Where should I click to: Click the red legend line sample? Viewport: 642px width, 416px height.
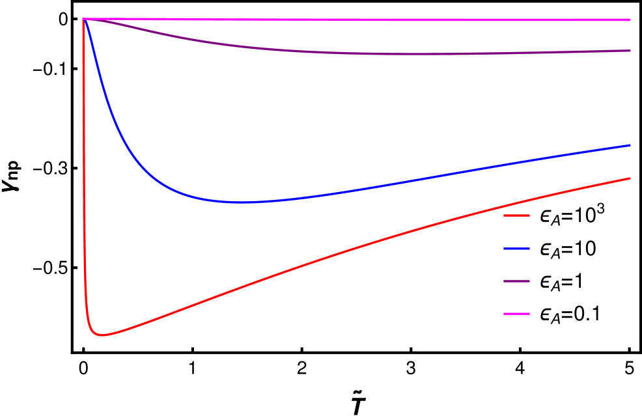point(516,215)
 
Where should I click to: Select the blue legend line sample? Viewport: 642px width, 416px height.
point(516,248)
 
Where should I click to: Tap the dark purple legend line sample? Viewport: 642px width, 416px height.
point(516,281)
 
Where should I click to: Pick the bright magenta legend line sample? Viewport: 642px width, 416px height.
point(516,314)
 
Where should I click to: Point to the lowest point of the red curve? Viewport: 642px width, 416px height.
point(102,335)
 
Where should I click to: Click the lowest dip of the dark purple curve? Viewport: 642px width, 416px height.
point(423,54)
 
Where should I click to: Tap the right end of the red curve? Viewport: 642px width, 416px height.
point(630,178)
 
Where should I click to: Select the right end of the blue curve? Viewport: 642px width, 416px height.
point(630,145)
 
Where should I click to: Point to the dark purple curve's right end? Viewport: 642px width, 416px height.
point(630,50)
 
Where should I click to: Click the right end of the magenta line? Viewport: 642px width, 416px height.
point(630,20)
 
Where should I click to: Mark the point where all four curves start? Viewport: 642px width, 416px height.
point(83,20)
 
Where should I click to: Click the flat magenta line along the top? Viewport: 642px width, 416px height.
point(358,20)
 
